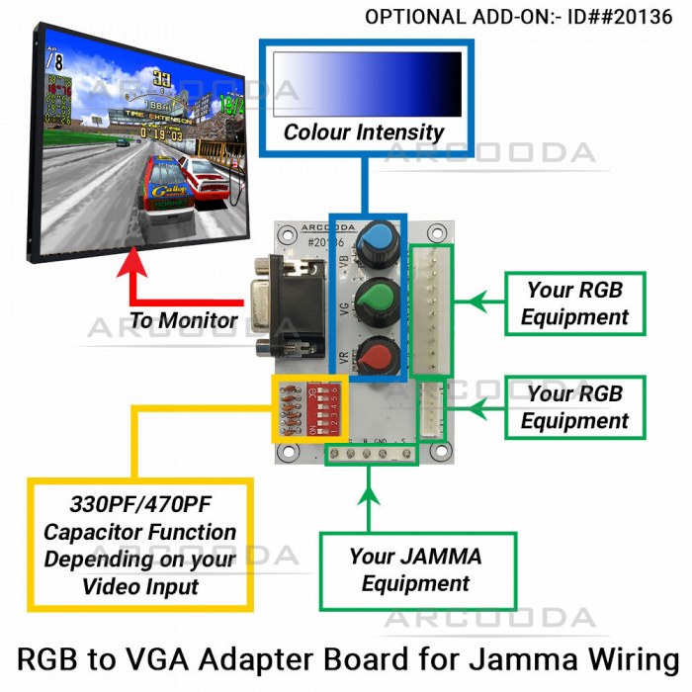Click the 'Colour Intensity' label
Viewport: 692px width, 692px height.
click(x=363, y=132)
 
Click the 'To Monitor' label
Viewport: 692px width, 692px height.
click(x=184, y=320)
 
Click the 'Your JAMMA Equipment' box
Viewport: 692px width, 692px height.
click(x=416, y=569)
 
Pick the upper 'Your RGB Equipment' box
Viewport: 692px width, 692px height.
click(x=574, y=303)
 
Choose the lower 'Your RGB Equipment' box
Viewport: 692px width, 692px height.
click(x=574, y=407)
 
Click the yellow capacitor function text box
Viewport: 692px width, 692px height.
click(x=139, y=545)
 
